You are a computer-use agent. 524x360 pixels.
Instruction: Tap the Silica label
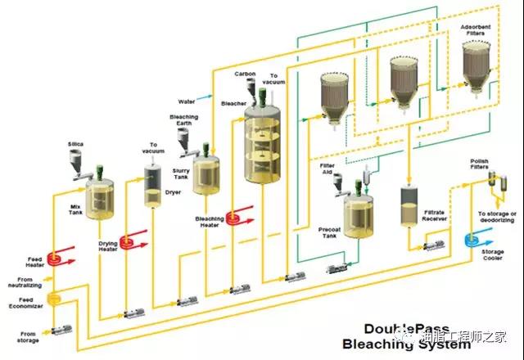75,144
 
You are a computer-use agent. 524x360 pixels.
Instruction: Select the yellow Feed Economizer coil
57,303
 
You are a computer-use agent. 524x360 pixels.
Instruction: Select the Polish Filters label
479,164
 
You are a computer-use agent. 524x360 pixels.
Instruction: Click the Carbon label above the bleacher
245,74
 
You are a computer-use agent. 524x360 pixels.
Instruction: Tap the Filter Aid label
328,169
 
